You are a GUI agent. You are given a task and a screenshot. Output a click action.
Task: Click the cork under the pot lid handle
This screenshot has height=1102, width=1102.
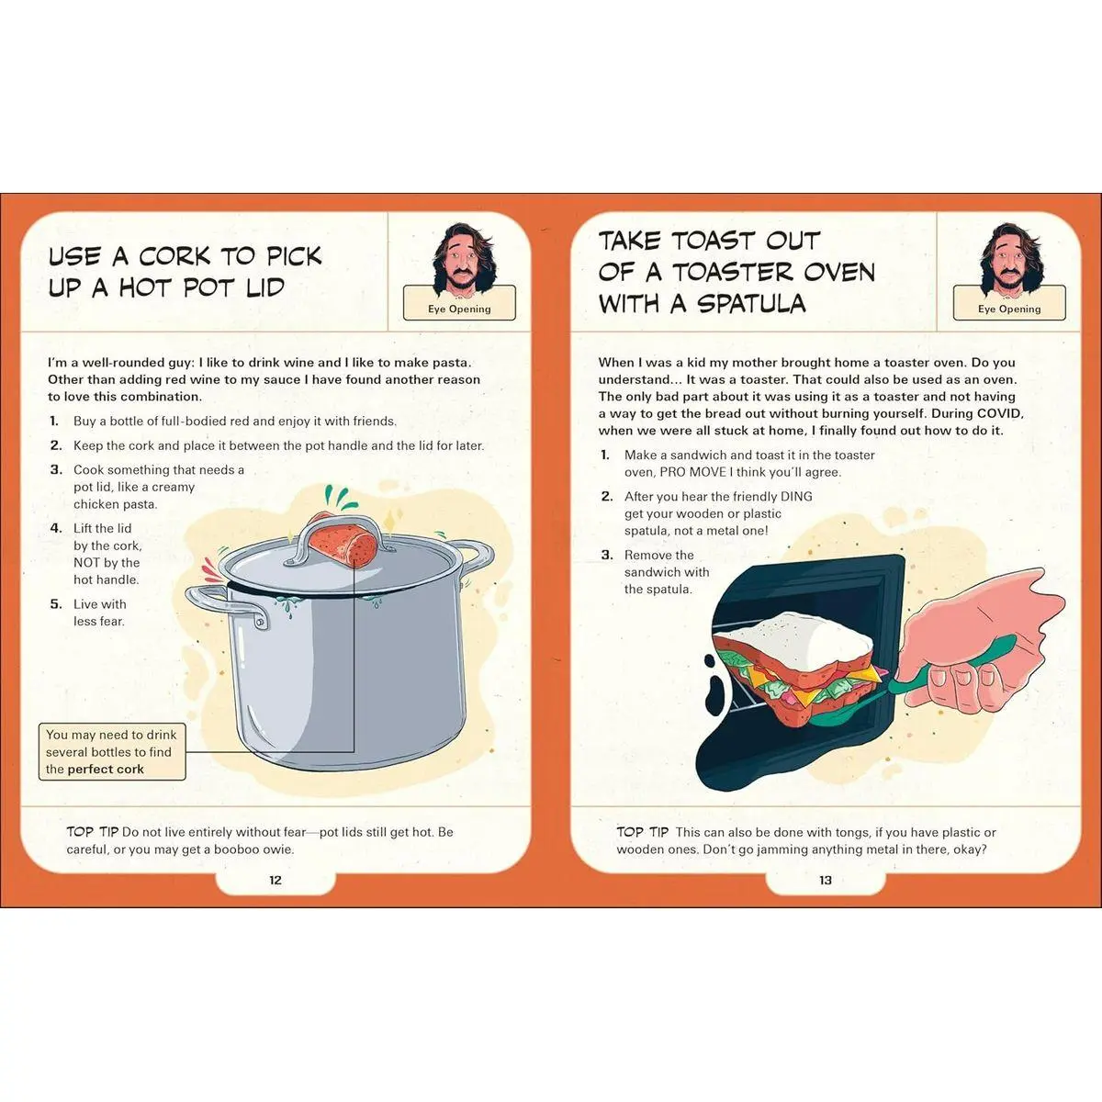coord(342,540)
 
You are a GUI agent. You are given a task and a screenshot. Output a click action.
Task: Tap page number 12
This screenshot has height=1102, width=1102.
coord(275,880)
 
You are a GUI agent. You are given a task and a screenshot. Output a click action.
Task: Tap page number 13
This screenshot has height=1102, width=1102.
coord(826,880)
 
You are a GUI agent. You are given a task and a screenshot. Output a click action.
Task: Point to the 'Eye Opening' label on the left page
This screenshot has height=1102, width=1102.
coord(459,309)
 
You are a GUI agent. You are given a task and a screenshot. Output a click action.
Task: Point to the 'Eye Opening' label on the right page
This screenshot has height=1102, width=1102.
coord(1008,309)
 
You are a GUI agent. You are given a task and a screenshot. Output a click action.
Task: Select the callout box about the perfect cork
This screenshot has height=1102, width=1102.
coord(112,751)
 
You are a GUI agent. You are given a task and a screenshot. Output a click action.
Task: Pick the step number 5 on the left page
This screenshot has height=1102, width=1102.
coord(56,604)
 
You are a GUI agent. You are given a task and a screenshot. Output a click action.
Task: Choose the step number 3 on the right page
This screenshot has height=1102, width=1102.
coord(607,555)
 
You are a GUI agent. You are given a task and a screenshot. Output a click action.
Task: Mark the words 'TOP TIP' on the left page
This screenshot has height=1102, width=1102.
coord(92,831)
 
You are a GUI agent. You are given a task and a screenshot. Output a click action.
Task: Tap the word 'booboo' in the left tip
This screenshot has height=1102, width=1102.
coord(234,849)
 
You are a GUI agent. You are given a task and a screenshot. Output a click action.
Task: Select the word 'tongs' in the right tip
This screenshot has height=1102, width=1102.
coord(808,833)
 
